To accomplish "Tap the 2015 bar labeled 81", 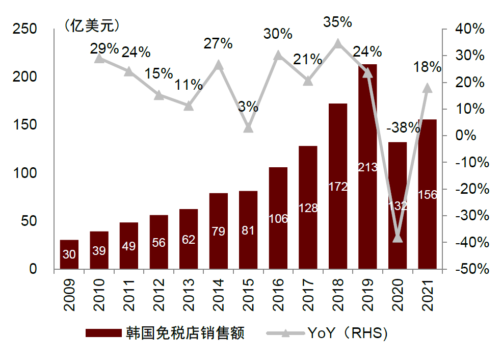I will (x=248, y=229).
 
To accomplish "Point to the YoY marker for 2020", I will (x=398, y=237).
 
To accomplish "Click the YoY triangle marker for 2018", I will (x=337, y=43).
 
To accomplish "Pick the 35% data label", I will (x=338, y=22).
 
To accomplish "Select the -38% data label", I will (x=403, y=128).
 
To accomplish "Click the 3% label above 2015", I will (x=248, y=107).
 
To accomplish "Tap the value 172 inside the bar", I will (x=338, y=187).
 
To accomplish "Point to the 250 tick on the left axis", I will (x=25, y=29).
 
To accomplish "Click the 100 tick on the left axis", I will (x=25, y=173).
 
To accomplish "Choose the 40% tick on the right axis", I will (x=474, y=29).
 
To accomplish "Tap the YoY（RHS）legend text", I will (x=349, y=333).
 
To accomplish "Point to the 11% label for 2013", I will (x=189, y=85).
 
